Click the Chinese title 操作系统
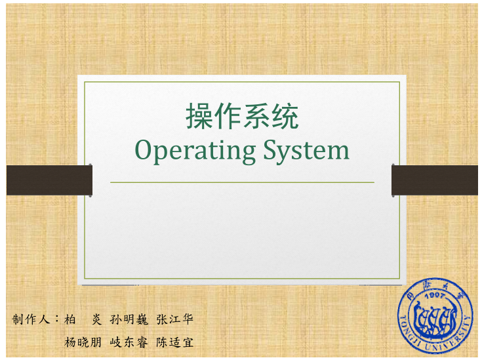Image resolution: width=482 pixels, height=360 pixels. coord(242,116)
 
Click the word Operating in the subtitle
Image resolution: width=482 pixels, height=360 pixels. coord(195,151)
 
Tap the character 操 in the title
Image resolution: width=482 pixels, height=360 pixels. coord(199,116)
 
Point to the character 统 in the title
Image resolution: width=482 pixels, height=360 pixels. coord(285,116)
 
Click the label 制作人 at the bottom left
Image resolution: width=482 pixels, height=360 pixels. coord(31,319)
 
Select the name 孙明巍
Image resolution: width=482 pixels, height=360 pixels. coord(129,319)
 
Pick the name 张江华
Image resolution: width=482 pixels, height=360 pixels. coord(174,319)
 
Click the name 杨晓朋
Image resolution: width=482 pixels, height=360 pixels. coord(83,342)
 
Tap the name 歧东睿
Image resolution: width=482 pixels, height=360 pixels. coord(129,342)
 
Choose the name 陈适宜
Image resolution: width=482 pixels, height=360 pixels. coord(174,342)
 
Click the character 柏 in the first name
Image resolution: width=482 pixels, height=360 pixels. coord(70,319)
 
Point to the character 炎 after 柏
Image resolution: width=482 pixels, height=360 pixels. coord(96,319)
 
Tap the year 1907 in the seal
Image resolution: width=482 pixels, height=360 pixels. coord(435,296)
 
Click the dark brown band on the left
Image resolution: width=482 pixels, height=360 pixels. coord(49,180)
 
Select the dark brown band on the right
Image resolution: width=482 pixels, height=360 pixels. coord(435,180)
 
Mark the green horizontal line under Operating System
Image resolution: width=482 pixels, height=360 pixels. coord(242,182)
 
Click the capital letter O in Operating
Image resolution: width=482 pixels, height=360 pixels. coord(144,150)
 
